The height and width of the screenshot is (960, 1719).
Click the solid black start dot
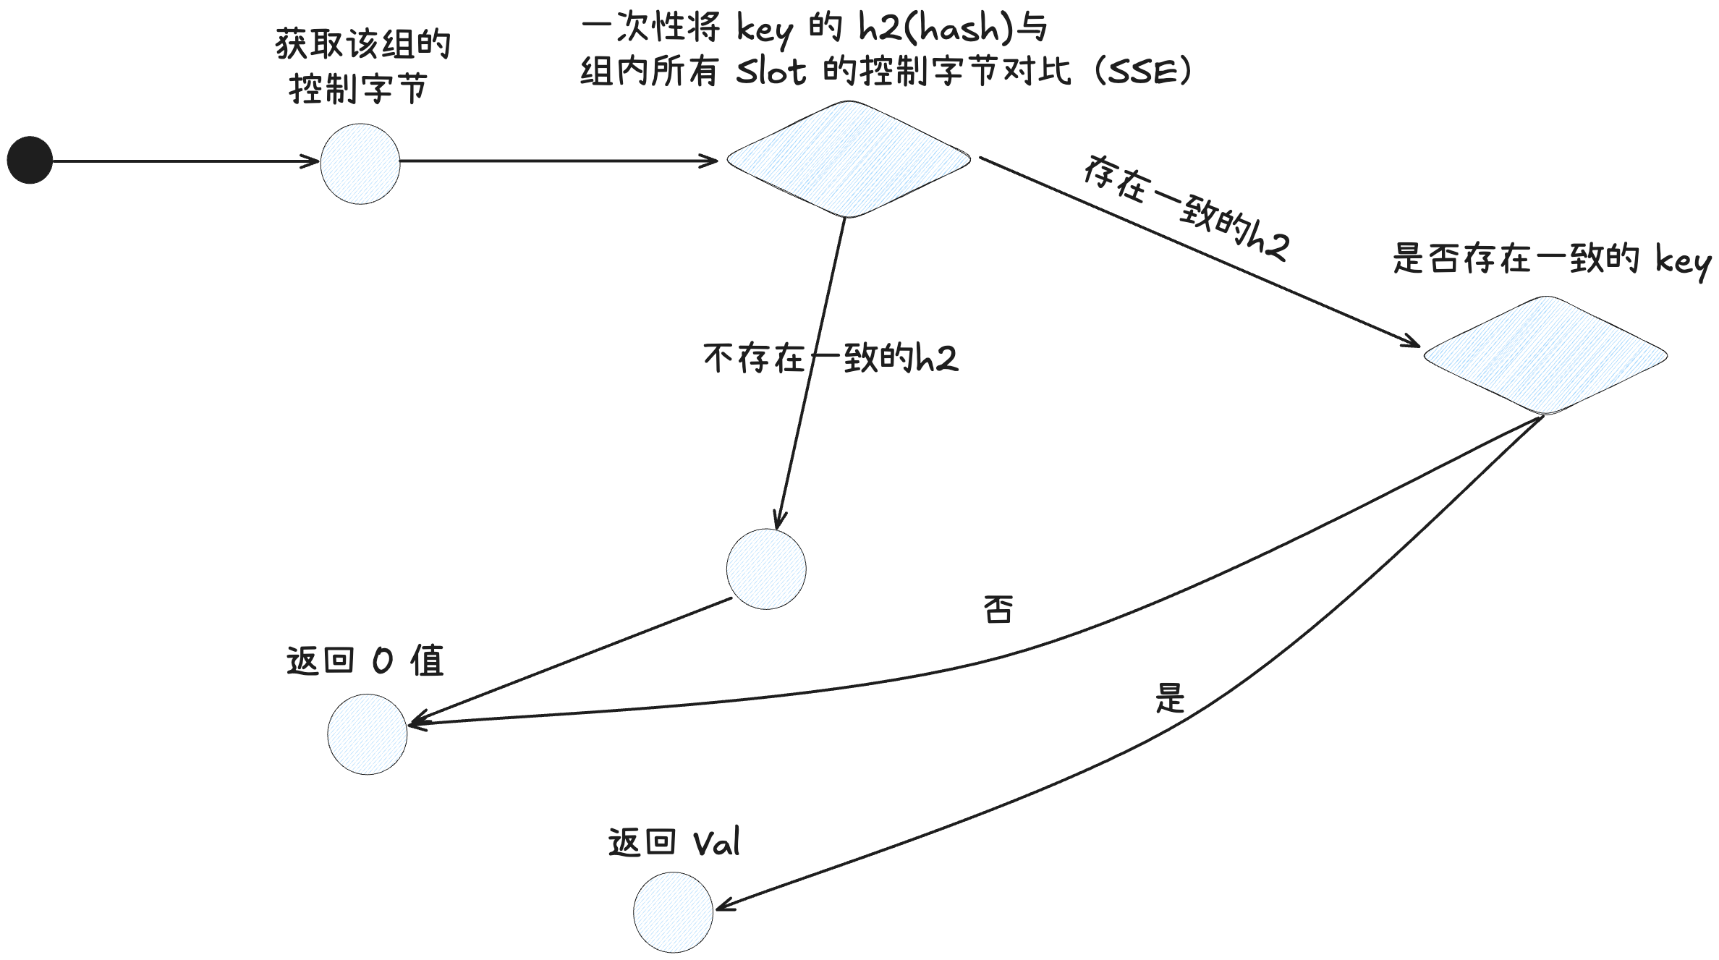point(30,160)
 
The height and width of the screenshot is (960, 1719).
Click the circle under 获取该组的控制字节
point(360,163)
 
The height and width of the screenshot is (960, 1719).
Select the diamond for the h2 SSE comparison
point(848,159)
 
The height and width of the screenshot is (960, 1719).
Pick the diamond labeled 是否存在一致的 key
point(1545,355)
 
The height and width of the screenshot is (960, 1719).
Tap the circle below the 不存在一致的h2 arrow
point(765,569)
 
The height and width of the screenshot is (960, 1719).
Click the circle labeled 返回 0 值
point(367,734)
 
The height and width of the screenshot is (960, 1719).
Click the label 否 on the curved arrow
point(998,609)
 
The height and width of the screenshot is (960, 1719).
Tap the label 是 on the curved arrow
point(1169,698)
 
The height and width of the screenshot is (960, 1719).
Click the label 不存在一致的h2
point(831,358)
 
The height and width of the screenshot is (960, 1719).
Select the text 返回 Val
point(674,843)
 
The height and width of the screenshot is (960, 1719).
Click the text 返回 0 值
point(365,660)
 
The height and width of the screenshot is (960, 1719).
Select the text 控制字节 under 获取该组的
point(358,89)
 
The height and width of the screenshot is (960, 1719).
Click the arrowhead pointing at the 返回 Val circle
point(724,906)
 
